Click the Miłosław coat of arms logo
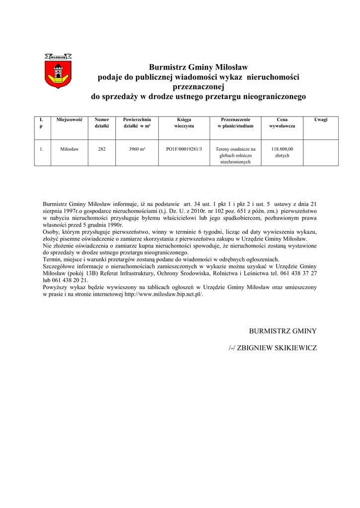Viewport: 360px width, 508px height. (x=58, y=71)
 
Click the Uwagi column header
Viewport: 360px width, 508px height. (x=321, y=120)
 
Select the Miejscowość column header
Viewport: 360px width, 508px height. (x=70, y=120)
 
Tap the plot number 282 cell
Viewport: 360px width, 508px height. (x=102, y=148)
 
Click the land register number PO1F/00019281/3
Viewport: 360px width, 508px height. (x=184, y=148)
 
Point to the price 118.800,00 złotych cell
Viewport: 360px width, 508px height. (x=282, y=152)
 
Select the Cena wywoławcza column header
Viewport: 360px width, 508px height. (x=282, y=123)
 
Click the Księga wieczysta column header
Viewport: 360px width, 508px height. (x=184, y=123)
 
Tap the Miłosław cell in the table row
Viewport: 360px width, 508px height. (x=70, y=148)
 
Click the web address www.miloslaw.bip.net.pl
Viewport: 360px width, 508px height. (x=163, y=294)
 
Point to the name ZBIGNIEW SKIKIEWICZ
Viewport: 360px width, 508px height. (x=277, y=348)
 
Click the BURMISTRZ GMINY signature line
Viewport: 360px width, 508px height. (x=283, y=331)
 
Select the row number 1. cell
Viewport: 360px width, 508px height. (x=42, y=148)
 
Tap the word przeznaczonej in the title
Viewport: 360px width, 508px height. (x=198, y=86)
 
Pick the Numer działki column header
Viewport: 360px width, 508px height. (x=102, y=123)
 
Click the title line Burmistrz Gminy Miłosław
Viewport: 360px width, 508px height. (x=198, y=67)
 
